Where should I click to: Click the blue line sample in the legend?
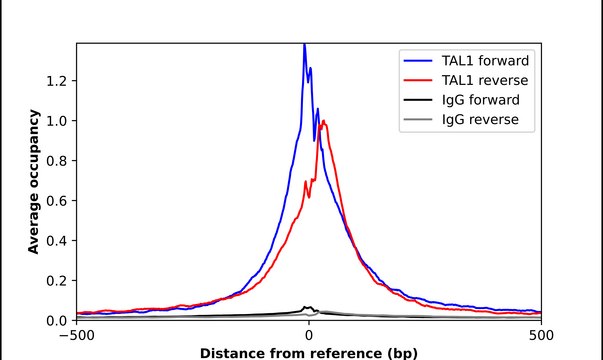[x=417, y=58]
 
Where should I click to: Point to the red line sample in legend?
[x=417, y=79]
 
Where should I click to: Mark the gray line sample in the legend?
[x=417, y=121]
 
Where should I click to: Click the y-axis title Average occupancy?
[x=33, y=181]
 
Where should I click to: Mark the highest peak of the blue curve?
[x=304, y=45]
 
